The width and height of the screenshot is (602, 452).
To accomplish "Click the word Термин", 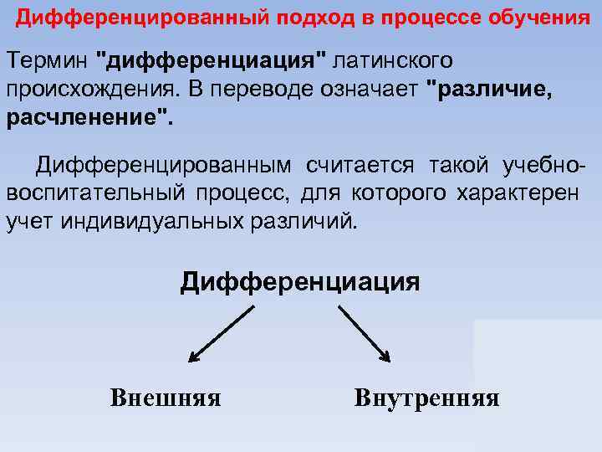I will (x=48, y=62).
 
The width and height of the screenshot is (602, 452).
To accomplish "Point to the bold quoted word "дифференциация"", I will (x=214, y=62).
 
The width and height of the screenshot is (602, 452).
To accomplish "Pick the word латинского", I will (x=395, y=62).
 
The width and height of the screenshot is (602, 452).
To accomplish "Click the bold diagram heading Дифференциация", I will (x=300, y=280).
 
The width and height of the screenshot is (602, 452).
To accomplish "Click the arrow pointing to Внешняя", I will (x=221, y=333).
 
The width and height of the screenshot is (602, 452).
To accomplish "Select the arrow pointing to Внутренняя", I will (x=364, y=333).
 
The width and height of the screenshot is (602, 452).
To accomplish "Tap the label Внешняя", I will (x=166, y=397).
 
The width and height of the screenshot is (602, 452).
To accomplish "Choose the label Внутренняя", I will (x=426, y=397).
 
